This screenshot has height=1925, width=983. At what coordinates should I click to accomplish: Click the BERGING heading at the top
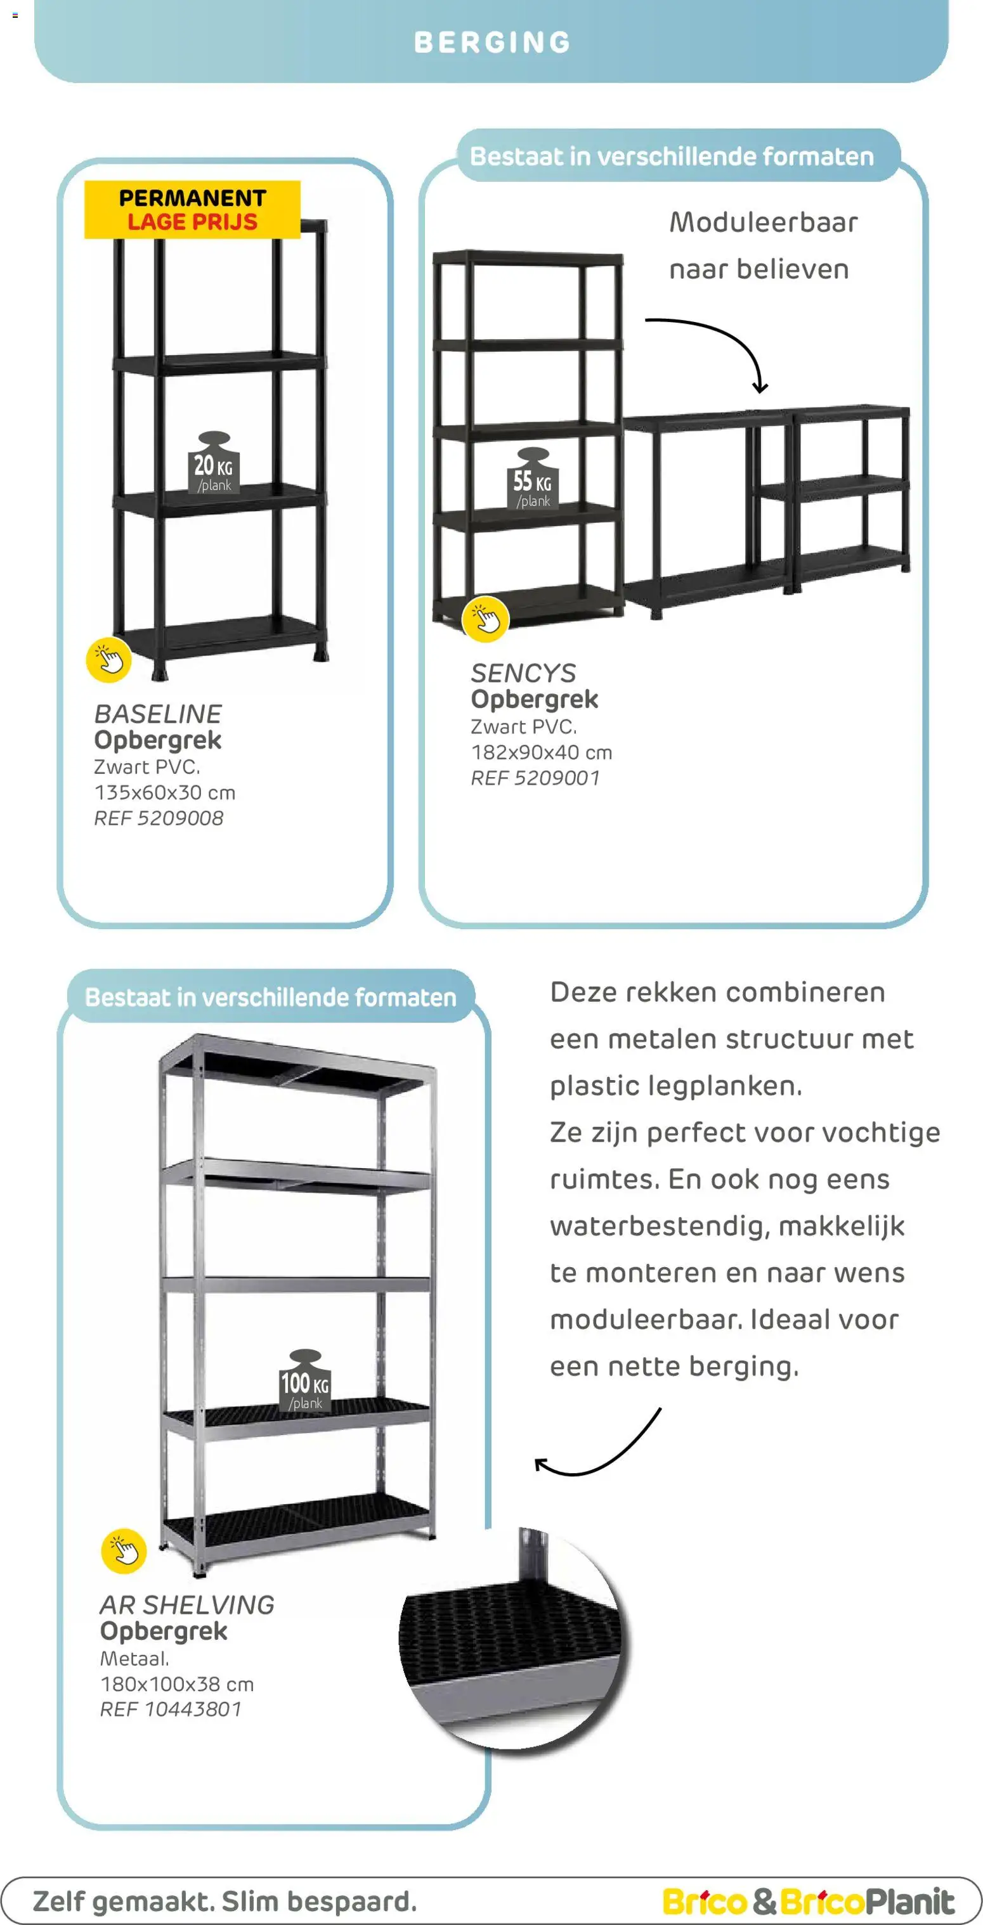[492, 42]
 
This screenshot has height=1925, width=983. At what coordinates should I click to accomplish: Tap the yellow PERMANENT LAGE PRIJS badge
[192, 210]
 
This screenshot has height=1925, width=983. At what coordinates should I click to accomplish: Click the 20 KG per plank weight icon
[214, 463]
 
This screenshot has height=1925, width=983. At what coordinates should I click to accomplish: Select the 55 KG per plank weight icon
[532, 480]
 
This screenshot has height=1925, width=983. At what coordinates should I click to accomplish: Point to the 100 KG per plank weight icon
[305, 1382]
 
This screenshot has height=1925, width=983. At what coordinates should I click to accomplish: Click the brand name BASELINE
[158, 714]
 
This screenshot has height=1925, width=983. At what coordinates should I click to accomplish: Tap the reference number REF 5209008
[159, 818]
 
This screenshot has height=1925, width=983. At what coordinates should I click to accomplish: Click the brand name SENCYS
[523, 673]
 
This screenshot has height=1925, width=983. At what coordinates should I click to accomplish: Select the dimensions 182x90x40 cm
[541, 752]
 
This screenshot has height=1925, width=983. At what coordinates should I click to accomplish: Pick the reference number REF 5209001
[535, 778]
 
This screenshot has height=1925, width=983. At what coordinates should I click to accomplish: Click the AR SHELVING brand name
[187, 1605]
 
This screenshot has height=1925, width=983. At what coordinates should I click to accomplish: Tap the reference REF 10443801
[171, 1709]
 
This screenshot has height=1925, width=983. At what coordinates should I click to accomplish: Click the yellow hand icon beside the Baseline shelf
[109, 660]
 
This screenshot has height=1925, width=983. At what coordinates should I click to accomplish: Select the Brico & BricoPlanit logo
[808, 1900]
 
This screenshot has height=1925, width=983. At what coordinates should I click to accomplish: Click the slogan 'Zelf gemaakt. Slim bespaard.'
[225, 1900]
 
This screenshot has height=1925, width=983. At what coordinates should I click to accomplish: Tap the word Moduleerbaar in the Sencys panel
[763, 222]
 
